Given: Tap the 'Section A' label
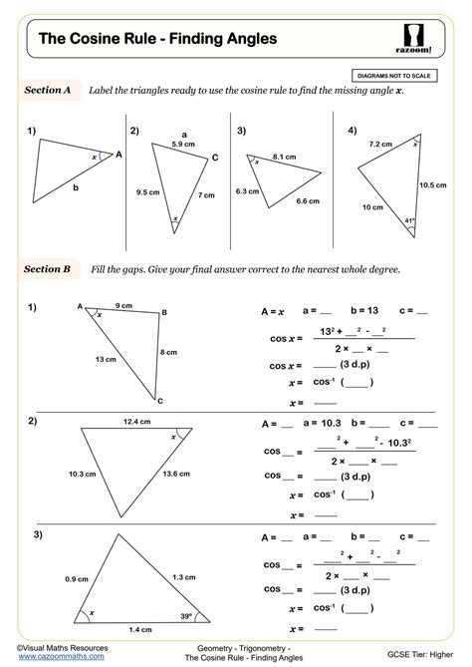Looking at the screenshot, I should [47, 90].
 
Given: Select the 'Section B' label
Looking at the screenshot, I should [47, 269].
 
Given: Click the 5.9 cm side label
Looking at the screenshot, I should [182, 146].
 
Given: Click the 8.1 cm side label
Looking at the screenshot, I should [284, 157].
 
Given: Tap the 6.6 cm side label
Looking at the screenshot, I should [308, 200].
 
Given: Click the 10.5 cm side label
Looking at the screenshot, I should [431, 184].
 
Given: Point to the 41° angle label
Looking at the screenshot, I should [408, 220].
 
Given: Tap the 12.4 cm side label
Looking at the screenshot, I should [137, 422].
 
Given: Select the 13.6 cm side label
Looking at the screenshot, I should [175, 473].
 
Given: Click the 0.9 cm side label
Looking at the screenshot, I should [77, 579].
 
